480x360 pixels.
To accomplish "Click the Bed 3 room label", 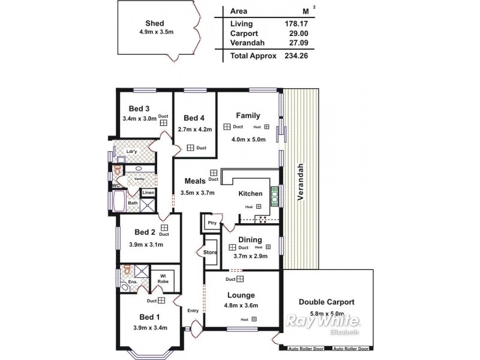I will (139, 109).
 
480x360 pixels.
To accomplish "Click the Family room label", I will (248, 115).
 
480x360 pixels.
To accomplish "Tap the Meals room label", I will (195, 181).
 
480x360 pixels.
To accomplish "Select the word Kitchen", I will (250, 194).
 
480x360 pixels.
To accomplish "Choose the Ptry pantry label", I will (211, 223).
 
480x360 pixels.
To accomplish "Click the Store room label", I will (210, 252).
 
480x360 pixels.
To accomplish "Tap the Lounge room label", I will (241, 295).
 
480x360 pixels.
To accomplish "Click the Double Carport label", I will (326, 302).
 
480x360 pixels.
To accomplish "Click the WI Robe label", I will (162, 278).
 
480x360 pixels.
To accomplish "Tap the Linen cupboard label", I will (148, 192).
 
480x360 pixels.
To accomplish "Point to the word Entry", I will (193, 310).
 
